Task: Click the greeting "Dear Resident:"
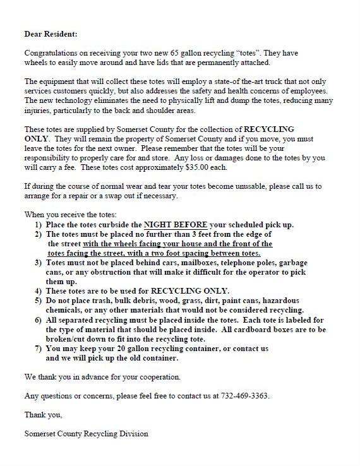tap(50, 33)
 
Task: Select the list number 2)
tap(39, 234)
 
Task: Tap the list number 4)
tap(39, 291)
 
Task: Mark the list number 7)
tap(39, 348)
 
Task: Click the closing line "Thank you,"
tap(44, 415)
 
